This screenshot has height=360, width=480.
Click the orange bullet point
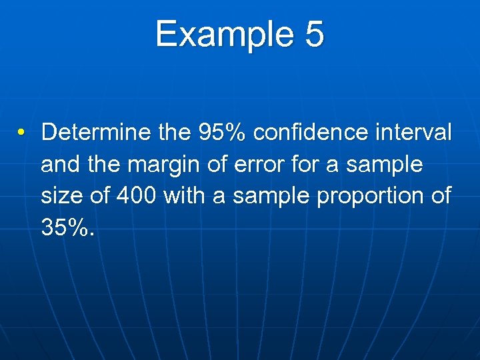[22, 133]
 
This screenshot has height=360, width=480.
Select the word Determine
[96, 132]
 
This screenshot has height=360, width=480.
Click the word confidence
[311, 132]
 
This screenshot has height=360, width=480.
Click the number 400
[137, 196]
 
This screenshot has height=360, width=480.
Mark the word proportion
[361, 196]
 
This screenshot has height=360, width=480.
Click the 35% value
[67, 228]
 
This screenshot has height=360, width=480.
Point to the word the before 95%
[175, 132]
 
